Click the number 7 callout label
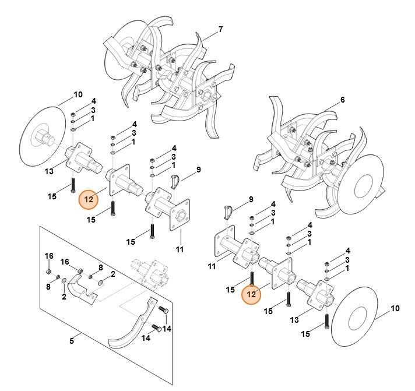click(x=220, y=29)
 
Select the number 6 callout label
click(x=342, y=100)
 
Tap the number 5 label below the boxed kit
click(x=71, y=341)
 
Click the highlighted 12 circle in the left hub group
click(x=89, y=199)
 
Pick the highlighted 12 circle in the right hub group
click(x=252, y=295)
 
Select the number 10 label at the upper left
click(x=79, y=94)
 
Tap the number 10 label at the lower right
click(x=395, y=308)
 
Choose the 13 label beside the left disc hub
click(x=49, y=171)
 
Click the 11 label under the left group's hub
click(x=180, y=249)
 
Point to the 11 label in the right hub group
click(x=212, y=266)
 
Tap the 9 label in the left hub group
click(x=198, y=170)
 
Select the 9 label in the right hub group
click(x=251, y=199)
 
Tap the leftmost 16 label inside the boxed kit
click(x=49, y=256)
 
